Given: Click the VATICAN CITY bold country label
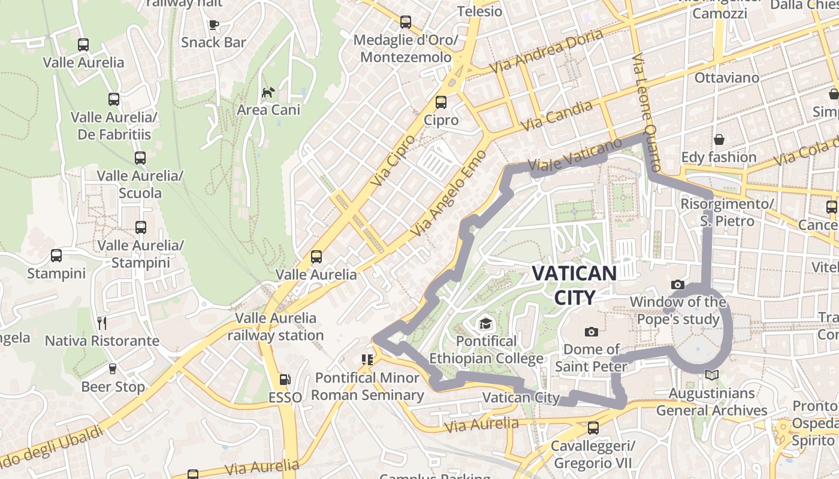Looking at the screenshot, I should click(574, 285).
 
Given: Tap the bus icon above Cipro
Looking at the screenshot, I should click(441, 102).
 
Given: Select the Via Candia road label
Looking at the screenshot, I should click(557, 116).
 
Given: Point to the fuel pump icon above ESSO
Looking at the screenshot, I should click(285, 380).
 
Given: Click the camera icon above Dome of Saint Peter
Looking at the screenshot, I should click(591, 331).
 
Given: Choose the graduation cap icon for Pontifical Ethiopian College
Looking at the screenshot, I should click(485, 324).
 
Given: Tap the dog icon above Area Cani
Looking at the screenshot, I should click(268, 92).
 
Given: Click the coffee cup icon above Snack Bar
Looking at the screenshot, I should click(213, 25).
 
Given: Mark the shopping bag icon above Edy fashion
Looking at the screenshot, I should click(719, 140).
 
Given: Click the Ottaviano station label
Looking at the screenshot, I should click(726, 78).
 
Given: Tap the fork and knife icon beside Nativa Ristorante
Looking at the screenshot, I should click(102, 323).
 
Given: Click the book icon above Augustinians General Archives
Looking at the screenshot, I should click(711, 375).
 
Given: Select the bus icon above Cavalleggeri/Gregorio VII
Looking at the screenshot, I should click(593, 428).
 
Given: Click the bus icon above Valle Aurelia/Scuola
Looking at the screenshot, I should click(140, 158).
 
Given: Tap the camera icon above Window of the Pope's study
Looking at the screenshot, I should click(678, 284).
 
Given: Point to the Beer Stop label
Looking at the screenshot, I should click(113, 387).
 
